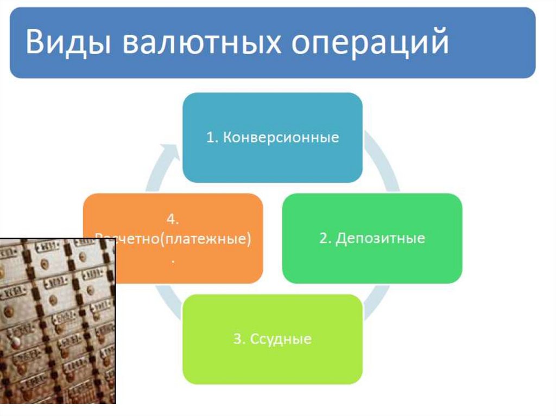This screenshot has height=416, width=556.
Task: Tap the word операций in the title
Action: [x=371, y=43]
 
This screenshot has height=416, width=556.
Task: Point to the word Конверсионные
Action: [x=281, y=137]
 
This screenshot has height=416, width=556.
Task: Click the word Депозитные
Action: [x=380, y=238]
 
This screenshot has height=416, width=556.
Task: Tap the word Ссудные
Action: [x=281, y=340]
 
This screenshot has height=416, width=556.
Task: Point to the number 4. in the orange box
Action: [x=173, y=220]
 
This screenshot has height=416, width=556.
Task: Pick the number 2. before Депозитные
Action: [x=325, y=238]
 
